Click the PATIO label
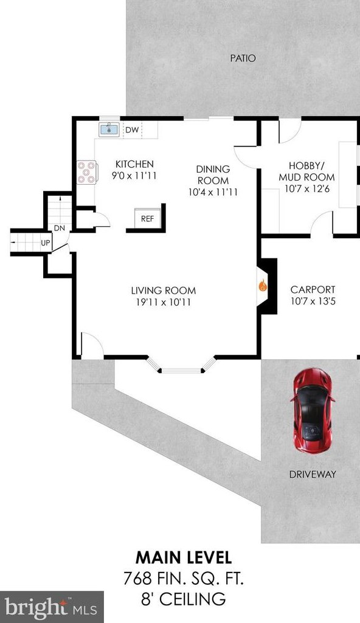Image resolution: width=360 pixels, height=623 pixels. (243, 58)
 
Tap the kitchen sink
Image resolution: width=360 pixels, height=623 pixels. (108, 129)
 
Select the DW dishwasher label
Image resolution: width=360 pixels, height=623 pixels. (132, 130)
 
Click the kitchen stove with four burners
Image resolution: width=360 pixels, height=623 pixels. (86, 172)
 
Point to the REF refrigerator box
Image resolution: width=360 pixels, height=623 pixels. (147, 218)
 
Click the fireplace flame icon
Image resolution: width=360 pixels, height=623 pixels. (262, 285)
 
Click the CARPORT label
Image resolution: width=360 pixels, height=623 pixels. (313, 290)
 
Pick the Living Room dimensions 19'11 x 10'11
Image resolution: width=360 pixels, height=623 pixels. (164, 302)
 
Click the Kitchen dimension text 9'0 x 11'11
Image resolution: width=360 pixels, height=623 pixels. (134, 175)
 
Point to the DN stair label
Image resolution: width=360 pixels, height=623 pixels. (59, 228)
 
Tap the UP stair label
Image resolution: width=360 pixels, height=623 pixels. (46, 243)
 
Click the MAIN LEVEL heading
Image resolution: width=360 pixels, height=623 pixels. (184, 557)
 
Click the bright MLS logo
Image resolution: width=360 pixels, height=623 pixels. (52, 607)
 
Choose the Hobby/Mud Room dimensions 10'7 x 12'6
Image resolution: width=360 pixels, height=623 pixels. (306, 189)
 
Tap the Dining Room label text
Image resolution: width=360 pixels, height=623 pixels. (213, 175)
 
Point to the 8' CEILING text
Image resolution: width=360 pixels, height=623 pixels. (183, 598)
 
